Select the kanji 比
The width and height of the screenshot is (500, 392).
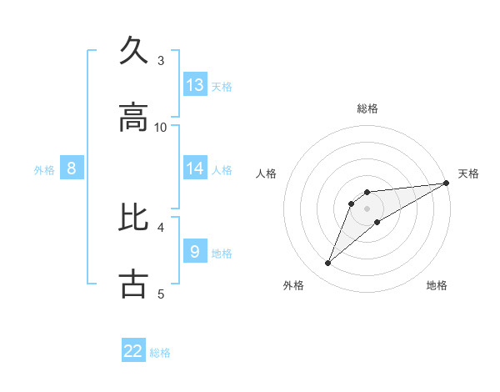click(x=134, y=216)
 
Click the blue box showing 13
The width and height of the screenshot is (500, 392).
click(x=195, y=85)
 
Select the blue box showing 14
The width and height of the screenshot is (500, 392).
click(x=195, y=168)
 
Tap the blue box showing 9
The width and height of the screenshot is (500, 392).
click(x=195, y=251)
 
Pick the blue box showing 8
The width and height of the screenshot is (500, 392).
click(x=72, y=168)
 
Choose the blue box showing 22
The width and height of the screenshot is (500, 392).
click(x=133, y=351)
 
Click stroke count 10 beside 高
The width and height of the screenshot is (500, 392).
click(x=161, y=127)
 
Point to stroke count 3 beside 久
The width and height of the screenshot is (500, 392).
click(x=161, y=60)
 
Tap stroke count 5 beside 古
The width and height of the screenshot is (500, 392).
click(x=161, y=294)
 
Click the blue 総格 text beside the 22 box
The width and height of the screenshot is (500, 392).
click(x=160, y=353)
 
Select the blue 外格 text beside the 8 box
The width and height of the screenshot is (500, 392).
click(x=44, y=170)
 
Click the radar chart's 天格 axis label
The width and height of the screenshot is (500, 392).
click(x=468, y=173)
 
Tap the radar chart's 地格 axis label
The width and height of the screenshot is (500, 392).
click(x=437, y=286)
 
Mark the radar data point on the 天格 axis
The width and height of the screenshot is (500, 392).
click(x=446, y=183)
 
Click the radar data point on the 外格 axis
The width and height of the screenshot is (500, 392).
click(x=328, y=264)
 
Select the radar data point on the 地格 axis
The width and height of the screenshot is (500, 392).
click(x=377, y=222)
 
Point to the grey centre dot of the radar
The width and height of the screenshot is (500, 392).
click(x=367, y=209)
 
